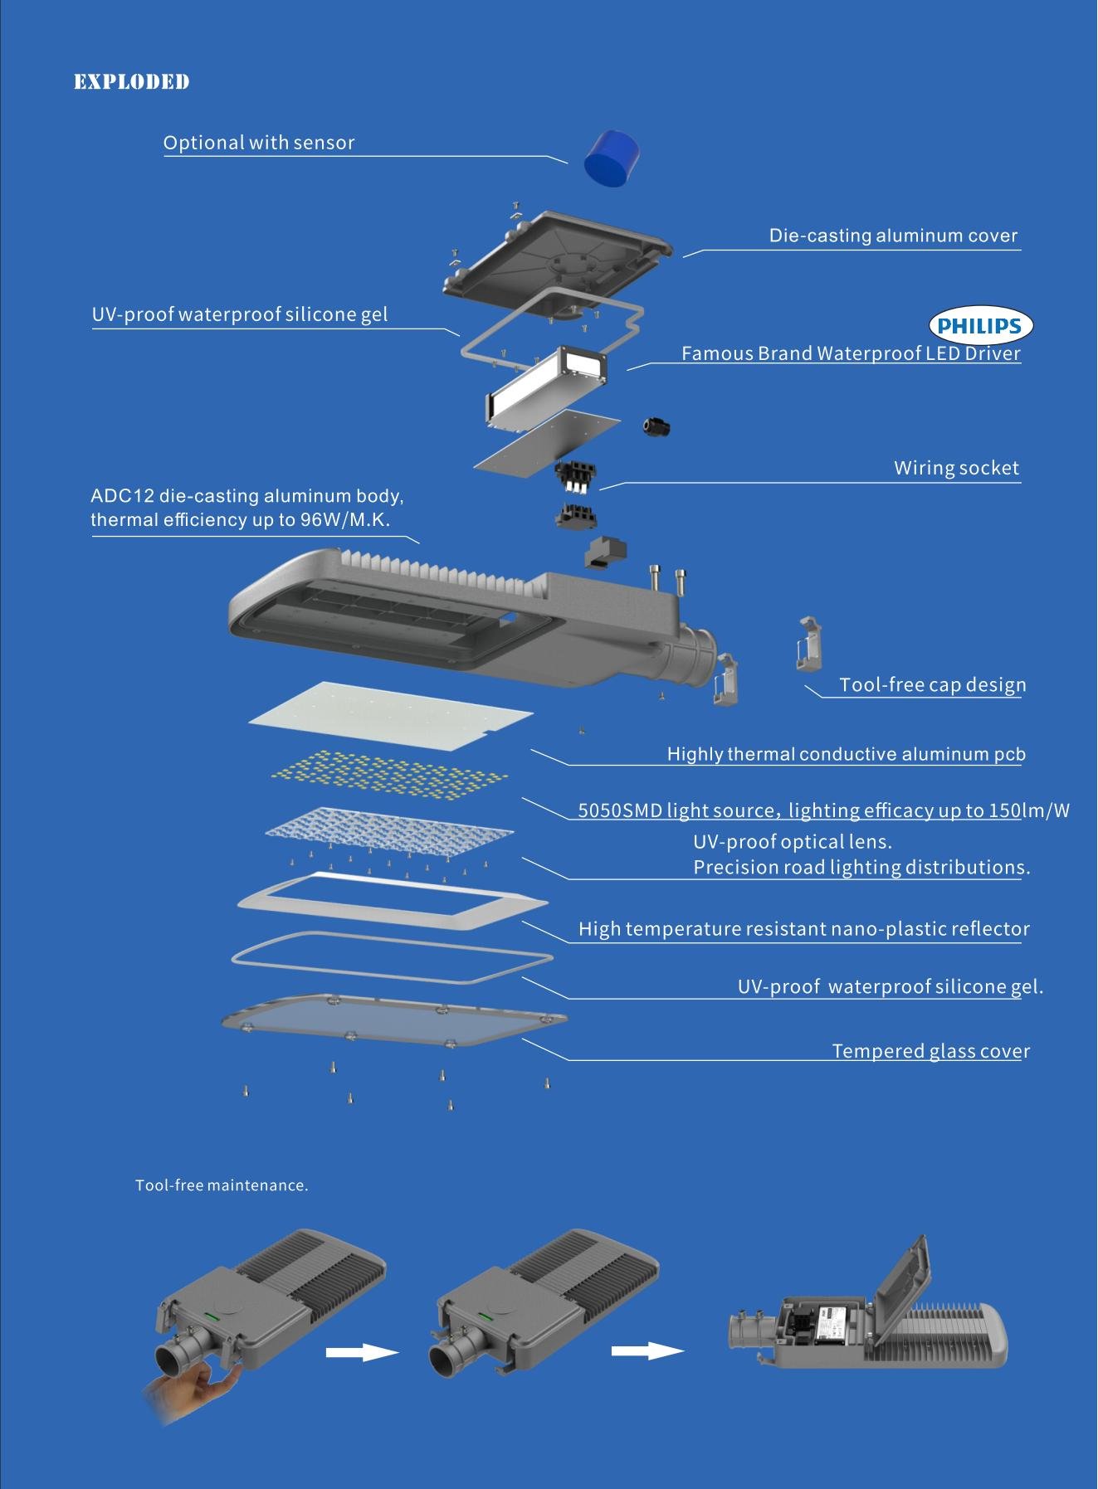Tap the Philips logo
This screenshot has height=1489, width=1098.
pyautogui.click(x=979, y=326)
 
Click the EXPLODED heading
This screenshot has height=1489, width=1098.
pyautogui.click(x=131, y=81)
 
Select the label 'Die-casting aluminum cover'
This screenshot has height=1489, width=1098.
pyautogui.click(x=893, y=236)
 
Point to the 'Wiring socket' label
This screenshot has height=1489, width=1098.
pyautogui.click(x=956, y=468)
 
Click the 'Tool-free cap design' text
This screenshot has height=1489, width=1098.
pyautogui.click(x=932, y=685)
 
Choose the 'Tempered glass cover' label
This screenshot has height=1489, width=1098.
pyautogui.click(x=930, y=1051)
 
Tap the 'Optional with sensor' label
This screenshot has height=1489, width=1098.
pyautogui.click(x=259, y=143)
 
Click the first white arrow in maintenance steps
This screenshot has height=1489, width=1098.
pyautogui.click(x=362, y=1352)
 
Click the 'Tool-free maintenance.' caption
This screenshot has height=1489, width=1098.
pyautogui.click(x=222, y=1185)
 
